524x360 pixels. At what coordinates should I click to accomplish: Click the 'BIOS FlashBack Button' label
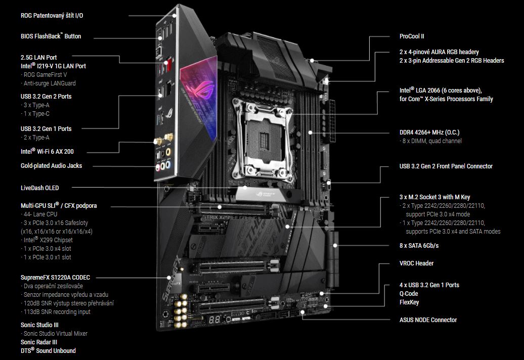tap(51, 36)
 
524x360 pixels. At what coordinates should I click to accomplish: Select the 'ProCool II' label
tap(411, 36)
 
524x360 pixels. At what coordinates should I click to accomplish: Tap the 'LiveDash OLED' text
tap(39, 188)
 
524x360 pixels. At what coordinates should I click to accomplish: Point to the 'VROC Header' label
tap(416, 263)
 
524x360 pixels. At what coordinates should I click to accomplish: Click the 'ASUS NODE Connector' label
tap(428, 320)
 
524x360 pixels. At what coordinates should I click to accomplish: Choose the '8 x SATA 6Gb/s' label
tap(419, 246)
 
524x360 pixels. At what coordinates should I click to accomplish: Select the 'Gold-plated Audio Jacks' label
tap(51, 166)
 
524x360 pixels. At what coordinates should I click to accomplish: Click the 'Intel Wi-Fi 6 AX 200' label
tap(51, 151)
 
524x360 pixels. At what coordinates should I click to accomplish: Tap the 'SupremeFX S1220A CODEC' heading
tap(55, 278)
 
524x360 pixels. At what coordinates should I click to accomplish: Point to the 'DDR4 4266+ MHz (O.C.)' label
tap(429, 132)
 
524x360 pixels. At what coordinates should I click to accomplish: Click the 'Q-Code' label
tap(409, 294)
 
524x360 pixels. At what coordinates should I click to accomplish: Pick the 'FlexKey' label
tap(409, 302)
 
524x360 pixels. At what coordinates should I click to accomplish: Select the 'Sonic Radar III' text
tap(39, 342)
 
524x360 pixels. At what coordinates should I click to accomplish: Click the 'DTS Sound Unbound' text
tap(48, 350)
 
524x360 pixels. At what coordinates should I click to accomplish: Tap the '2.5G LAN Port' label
tap(39, 58)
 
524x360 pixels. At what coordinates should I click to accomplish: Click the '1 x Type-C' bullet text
tap(37, 114)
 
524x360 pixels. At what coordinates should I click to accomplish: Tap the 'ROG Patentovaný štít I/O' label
tap(52, 16)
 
